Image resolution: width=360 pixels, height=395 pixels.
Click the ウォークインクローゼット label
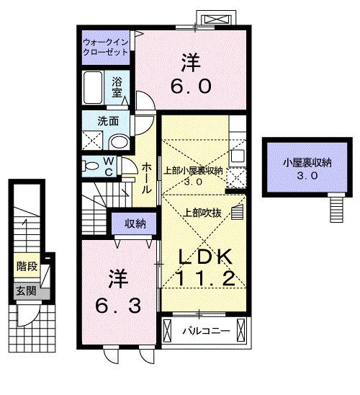[x=105, y=48]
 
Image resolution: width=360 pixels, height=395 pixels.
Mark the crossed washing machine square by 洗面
[x=94, y=138]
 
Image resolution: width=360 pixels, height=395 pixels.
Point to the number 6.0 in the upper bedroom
[x=191, y=86]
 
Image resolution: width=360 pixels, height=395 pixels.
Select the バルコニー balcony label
[x=205, y=332]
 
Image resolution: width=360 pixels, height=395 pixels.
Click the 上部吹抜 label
[x=202, y=213]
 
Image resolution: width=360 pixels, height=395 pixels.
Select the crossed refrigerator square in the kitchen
[x=236, y=178]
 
